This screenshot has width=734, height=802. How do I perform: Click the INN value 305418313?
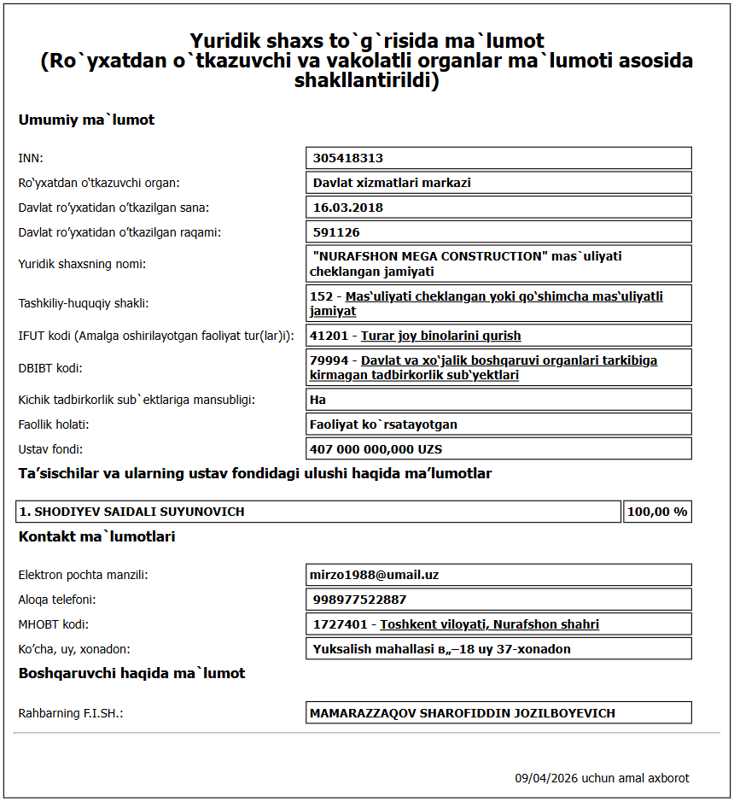[347, 158]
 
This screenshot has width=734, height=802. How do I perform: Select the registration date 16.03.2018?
[347, 208]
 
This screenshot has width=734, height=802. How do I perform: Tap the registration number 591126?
[336, 232]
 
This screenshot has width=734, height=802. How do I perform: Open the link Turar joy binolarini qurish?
[440, 336]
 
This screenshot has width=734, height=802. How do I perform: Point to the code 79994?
[329, 360]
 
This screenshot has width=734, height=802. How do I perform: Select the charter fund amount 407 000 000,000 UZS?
[377, 449]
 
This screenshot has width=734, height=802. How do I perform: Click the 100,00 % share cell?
[657, 512]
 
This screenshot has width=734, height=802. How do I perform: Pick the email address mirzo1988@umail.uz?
[376, 575]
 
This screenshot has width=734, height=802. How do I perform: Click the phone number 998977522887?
[359, 600]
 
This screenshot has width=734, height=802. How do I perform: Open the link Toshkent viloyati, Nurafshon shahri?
[489, 624]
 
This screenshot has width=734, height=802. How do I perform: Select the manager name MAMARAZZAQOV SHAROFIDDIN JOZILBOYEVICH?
[462, 713]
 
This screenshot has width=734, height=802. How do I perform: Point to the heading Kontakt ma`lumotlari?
[96, 536]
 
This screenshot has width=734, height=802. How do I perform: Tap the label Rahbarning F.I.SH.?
[71, 713]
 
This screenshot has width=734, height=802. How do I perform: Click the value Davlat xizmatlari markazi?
[392, 183]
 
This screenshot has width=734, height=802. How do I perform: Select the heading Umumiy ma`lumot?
[86, 120]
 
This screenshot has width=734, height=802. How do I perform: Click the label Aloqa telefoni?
[57, 600]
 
